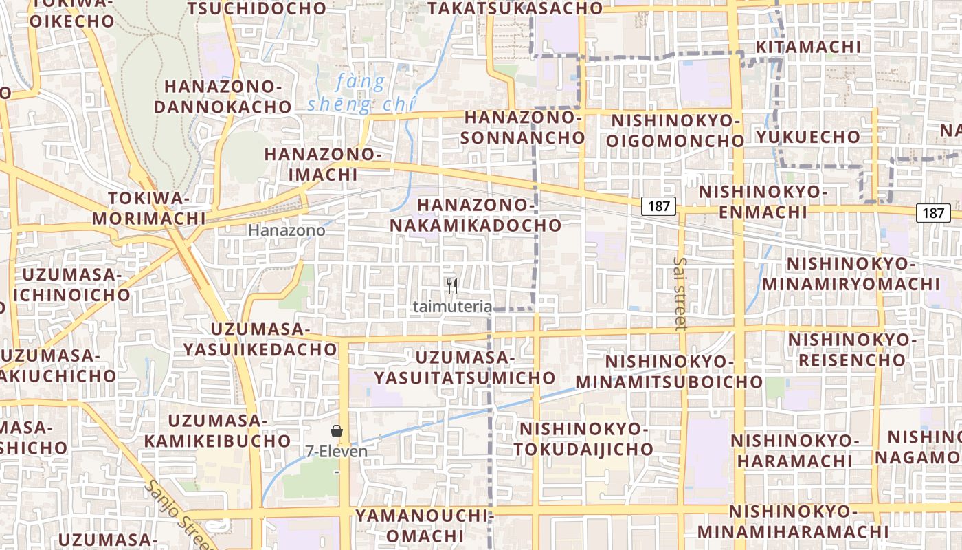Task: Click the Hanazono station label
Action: (287, 231)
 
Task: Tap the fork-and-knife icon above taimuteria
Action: (452, 286)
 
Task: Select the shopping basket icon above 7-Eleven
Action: (337, 431)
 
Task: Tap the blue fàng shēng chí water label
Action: (361, 93)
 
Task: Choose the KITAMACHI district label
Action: (807, 47)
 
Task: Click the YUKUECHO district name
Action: (808, 137)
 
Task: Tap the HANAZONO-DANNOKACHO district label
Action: (223, 97)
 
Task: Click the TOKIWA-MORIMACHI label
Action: (148, 208)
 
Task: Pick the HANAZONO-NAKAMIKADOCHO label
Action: (476, 214)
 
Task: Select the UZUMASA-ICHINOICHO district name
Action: (76, 285)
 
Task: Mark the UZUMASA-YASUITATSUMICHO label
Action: (465, 367)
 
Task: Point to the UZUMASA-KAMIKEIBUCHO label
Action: (218, 430)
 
